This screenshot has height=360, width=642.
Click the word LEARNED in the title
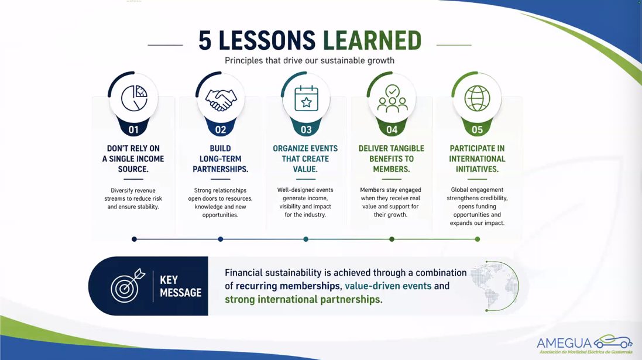click(x=372, y=40)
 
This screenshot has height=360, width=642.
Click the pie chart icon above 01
click(x=134, y=98)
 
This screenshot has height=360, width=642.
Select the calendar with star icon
click(x=306, y=98)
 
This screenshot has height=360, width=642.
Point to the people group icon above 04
click(x=392, y=99)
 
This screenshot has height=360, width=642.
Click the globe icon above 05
click(x=477, y=98)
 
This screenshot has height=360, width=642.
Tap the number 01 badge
click(x=133, y=130)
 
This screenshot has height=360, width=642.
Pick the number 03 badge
click(x=306, y=130)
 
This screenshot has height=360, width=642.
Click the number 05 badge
click(x=477, y=130)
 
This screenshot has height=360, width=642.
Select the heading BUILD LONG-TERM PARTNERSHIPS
click(x=220, y=159)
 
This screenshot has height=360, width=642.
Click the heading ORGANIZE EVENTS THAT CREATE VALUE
click(x=305, y=159)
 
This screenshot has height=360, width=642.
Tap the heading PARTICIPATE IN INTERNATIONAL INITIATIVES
click(x=477, y=159)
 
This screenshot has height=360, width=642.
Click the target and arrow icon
click(x=128, y=286)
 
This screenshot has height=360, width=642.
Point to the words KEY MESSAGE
click(x=181, y=286)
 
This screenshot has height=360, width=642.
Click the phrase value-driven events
click(x=388, y=286)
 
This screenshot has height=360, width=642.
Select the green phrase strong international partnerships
click(x=303, y=299)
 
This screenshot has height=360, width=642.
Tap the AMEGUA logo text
click(x=565, y=343)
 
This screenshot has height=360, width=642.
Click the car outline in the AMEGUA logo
click(x=613, y=341)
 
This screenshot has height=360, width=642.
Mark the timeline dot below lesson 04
click(x=392, y=239)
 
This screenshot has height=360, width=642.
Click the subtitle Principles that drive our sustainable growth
click(x=310, y=61)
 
